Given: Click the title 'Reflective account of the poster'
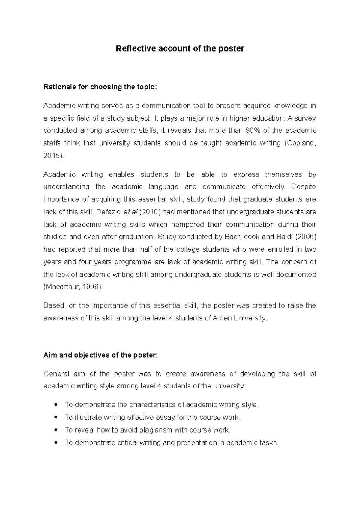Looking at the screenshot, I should [x=180, y=49].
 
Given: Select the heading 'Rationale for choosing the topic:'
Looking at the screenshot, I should [x=100, y=87].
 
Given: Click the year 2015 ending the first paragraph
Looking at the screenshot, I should [x=52, y=156].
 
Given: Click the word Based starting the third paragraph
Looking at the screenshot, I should [x=54, y=306].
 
